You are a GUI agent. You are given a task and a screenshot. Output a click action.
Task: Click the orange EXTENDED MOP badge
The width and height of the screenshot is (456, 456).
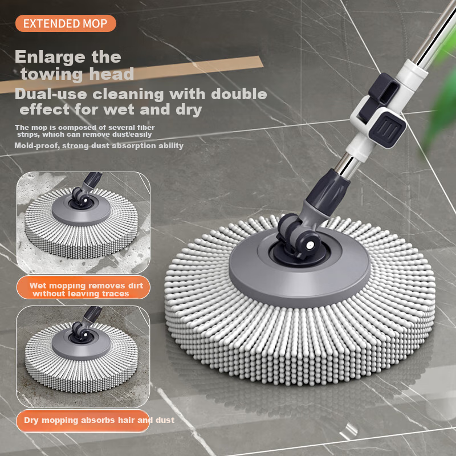point(66,23)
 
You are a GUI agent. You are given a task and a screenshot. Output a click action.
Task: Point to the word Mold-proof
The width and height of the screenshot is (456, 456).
point(36,146)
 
